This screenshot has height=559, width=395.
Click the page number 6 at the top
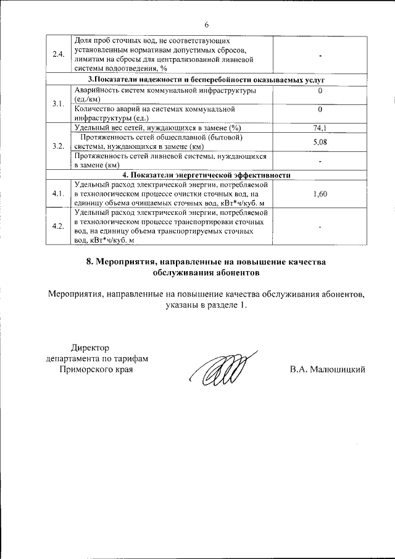click(x=206, y=24)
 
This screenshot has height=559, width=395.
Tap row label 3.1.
click(x=59, y=103)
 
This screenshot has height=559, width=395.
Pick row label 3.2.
click(x=59, y=146)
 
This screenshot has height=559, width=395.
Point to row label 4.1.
click(x=59, y=194)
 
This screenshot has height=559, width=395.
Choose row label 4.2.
click(x=59, y=226)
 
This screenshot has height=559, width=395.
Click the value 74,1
click(x=320, y=127)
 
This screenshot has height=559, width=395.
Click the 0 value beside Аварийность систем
click(x=320, y=91)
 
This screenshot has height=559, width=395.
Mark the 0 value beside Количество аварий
click(x=320, y=110)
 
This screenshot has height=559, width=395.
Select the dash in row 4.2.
click(x=321, y=227)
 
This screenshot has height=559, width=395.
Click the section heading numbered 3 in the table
click(x=206, y=80)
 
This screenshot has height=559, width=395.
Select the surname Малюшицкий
click(x=336, y=369)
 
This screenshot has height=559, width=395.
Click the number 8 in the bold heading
click(x=89, y=262)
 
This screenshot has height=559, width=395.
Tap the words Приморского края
click(x=96, y=369)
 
